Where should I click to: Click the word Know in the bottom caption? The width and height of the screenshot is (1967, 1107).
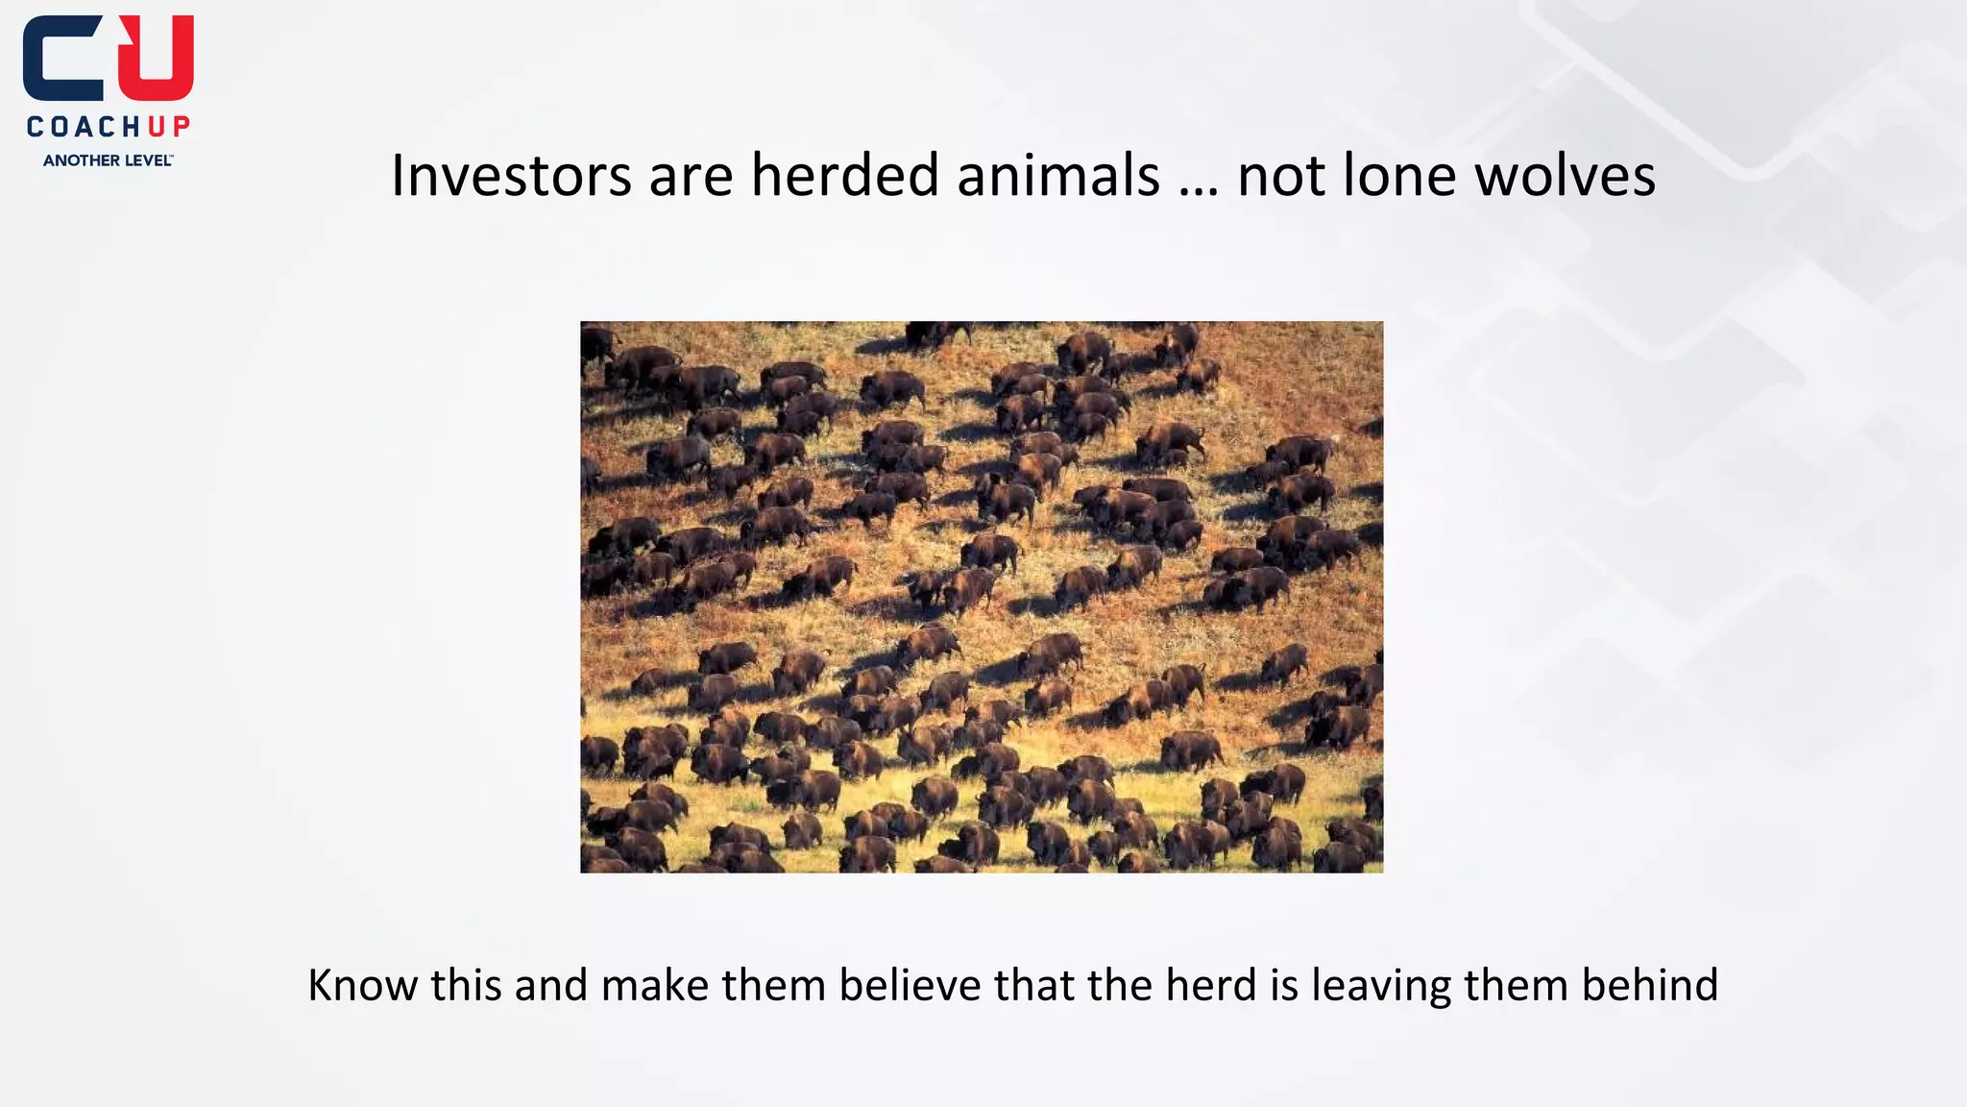coord(362,985)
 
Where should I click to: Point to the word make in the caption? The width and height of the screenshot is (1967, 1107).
coord(655,985)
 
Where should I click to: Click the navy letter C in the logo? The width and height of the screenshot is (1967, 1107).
coord(63,59)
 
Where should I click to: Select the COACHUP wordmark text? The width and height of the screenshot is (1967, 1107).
coord(109,127)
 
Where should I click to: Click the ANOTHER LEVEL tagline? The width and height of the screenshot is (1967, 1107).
coord(109,160)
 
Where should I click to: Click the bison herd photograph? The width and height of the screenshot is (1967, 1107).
coord(982,597)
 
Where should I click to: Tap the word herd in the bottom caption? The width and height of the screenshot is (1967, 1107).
coord(1211,985)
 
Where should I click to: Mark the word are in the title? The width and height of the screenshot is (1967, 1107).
coord(691,178)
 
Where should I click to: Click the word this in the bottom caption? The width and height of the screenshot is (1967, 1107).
coord(466,985)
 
